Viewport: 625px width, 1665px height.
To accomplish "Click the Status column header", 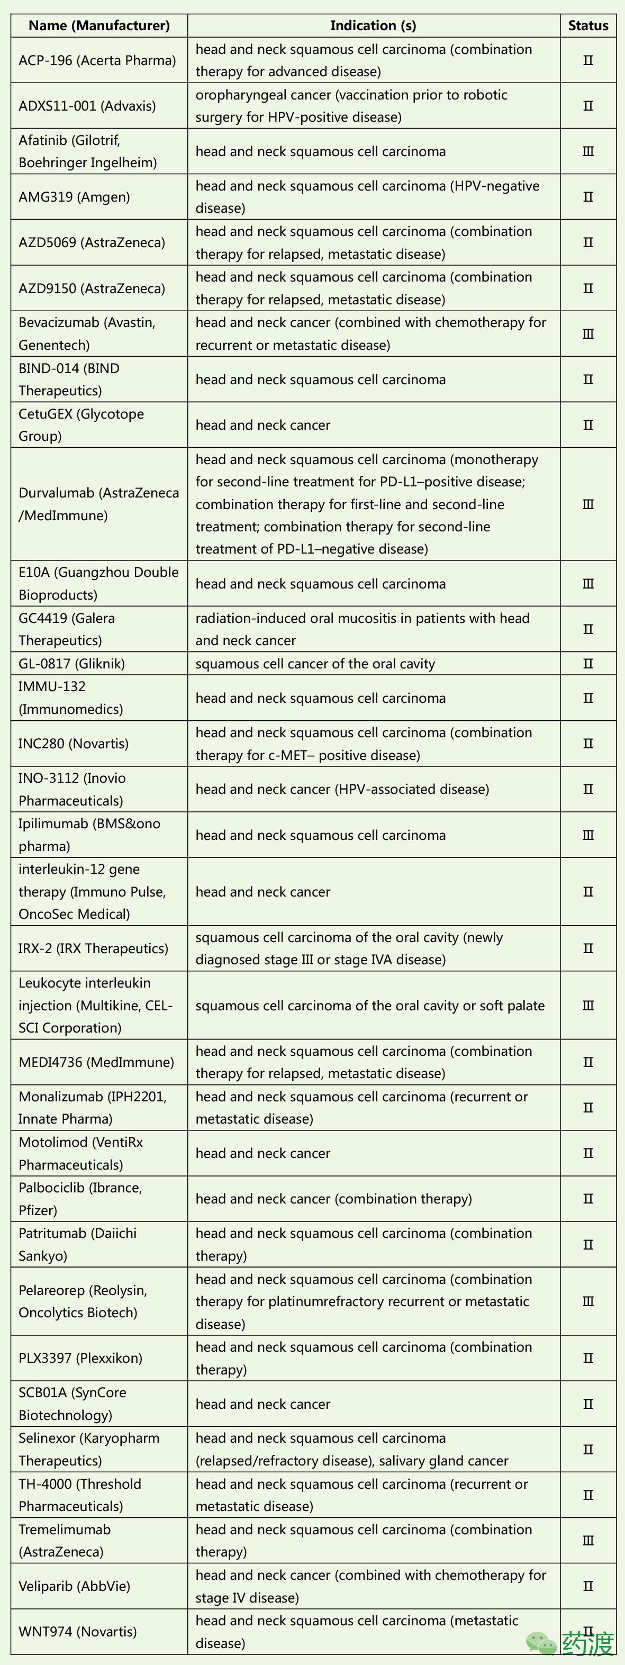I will [587, 26].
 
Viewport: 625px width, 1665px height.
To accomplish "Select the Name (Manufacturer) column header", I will [99, 26].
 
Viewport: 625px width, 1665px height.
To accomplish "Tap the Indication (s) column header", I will [373, 26].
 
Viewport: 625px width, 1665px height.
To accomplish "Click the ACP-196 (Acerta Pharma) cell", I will [97, 61].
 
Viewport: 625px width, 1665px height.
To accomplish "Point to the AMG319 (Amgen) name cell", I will [74, 197].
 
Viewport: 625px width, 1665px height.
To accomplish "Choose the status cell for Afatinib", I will [587, 152].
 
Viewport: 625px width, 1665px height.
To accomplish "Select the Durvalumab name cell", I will [99, 504].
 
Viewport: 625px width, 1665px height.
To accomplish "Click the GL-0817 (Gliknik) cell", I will [72, 664].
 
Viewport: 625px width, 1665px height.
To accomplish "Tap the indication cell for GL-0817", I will [315, 664].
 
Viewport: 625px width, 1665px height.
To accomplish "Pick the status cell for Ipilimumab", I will [587, 835].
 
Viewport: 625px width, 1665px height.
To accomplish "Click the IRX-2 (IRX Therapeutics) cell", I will [93, 948].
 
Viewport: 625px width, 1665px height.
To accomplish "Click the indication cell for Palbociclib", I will [333, 1199].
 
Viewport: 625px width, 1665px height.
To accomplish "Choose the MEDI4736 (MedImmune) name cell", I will [96, 1062].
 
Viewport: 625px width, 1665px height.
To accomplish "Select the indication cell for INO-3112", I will [342, 789].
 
